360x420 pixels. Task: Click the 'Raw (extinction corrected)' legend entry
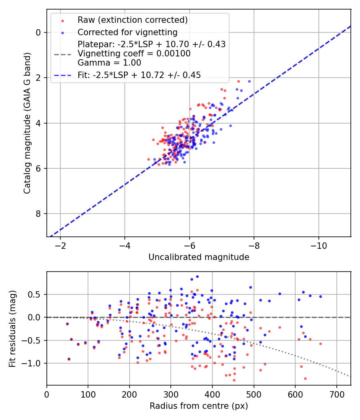[x=132, y=20]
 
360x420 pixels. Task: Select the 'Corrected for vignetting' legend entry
[x=127, y=32]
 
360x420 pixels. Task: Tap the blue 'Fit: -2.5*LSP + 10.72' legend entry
[x=139, y=75]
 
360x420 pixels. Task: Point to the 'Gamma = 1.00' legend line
[x=109, y=63]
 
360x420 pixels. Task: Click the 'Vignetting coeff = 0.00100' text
[x=134, y=54]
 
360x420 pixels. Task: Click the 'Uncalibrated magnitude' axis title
[x=199, y=257]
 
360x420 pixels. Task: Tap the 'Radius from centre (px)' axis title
[x=199, y=406]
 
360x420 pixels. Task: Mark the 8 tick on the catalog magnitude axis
[x=39, y=214]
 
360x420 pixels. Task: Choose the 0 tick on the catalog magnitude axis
[x=39, y=32]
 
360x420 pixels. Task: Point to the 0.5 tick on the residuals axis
[x=36, y=294]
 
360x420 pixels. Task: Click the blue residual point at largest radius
[x=320, y=296]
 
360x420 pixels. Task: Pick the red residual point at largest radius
[x=320, y=344]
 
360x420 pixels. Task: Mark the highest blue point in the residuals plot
[x=197, y=276]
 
